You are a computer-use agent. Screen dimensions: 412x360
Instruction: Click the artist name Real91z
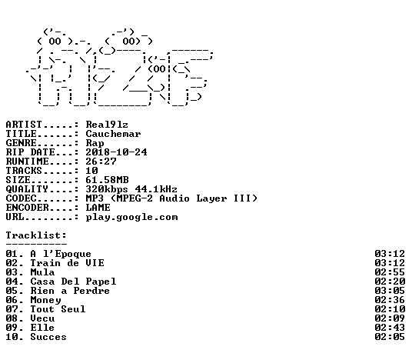point(107,125)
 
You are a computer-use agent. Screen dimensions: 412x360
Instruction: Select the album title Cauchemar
point(113,134)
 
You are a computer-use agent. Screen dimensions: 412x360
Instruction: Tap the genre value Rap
point(95,143)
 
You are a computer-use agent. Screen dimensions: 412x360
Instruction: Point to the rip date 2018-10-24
point(116,152)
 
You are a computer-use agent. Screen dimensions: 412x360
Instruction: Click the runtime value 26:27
point(101,162)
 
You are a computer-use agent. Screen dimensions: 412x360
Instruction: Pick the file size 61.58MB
point(107,180)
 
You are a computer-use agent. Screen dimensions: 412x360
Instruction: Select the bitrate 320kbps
point(107,189)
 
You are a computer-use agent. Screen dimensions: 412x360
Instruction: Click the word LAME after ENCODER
point(98,208)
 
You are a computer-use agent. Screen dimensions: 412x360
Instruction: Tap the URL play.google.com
point(132,218)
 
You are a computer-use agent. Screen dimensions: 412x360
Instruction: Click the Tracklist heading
point(36,235)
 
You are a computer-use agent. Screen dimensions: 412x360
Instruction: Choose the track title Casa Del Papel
point(73,282)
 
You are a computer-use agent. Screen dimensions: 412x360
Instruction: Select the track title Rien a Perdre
point(70,291)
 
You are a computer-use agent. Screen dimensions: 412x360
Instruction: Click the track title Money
point(45,300)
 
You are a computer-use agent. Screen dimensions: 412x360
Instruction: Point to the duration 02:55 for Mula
point(390,272)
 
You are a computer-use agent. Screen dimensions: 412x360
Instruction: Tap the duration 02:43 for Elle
point(390,328)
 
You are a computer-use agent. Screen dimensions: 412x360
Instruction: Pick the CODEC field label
point(22,198)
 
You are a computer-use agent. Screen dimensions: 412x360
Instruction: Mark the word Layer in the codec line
point(212,198)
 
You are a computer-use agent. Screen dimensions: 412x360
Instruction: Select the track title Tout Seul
point(58,309)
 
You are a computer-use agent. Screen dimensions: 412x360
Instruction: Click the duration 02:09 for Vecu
point(390,318)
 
